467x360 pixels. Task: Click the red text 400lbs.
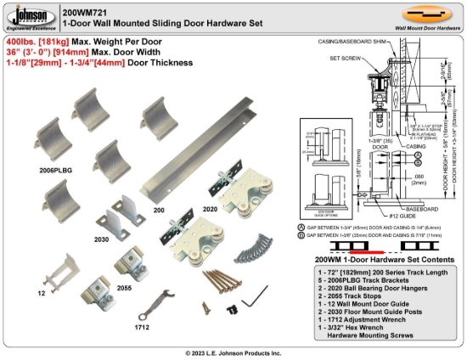pyautogui.click(x=19, y=41)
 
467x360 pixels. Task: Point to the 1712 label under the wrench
pyautogui.click(x=143, y=325)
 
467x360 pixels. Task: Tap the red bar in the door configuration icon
pyautogui.click(x=365, y=250)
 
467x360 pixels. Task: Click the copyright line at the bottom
pyautogui.click(x=233, y=352)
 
